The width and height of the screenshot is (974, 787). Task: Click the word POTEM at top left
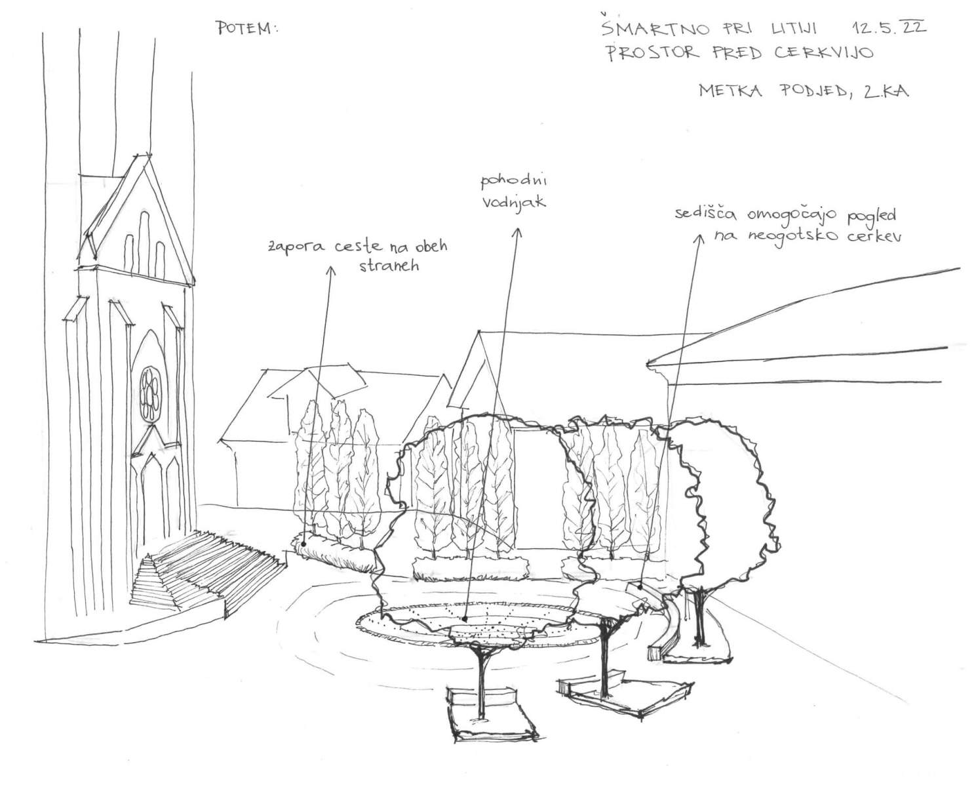[246, 28]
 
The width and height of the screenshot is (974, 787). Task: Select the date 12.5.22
[888, 28]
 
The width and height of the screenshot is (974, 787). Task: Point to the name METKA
[731, 91]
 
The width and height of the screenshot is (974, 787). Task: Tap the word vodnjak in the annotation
[515, 203]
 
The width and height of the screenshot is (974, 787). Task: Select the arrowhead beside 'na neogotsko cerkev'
[699, 239]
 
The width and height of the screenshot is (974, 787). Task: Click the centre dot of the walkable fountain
[464, 618]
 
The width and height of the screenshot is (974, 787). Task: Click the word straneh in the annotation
[389, 267]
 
